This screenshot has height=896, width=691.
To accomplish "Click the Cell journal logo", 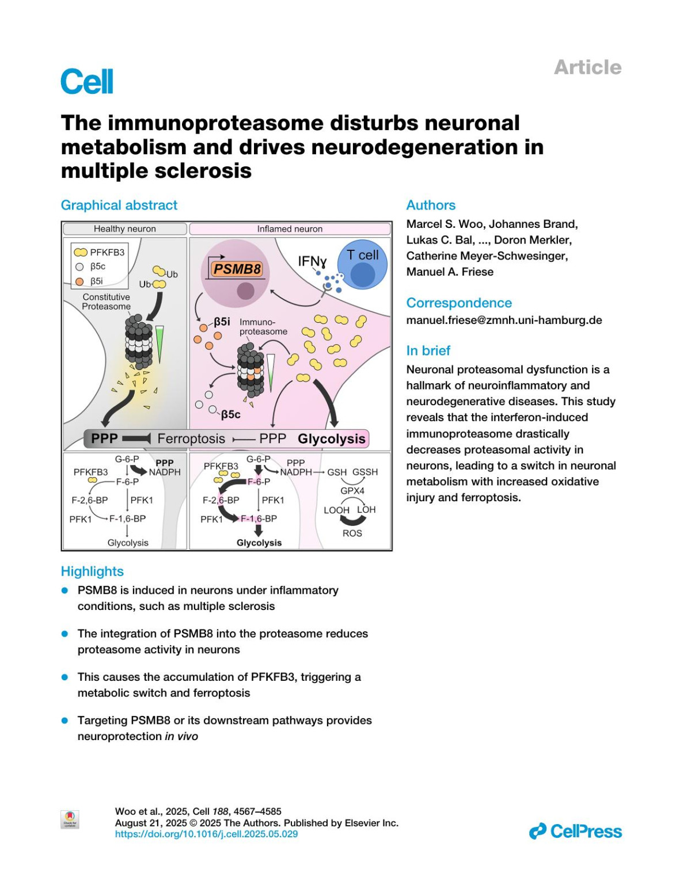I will [87, 81].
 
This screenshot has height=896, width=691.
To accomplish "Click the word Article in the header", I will [587, 67].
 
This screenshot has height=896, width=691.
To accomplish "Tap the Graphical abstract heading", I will [119, 205].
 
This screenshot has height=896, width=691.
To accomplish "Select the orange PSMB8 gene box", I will [237, 269].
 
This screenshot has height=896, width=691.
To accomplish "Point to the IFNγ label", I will [312, 261].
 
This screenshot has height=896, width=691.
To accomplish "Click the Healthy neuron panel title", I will [125, 229].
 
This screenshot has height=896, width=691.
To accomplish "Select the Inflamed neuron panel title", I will [290, 229].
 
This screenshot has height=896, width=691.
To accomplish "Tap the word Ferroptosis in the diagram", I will [191, 439].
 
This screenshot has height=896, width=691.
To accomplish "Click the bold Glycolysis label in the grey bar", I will [332, 439].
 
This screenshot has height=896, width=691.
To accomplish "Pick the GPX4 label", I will [352, 491].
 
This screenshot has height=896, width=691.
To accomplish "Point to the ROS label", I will [352, 533].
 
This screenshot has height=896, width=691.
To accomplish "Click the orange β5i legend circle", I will [80, 281].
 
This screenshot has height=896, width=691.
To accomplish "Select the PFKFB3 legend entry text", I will [107, 252].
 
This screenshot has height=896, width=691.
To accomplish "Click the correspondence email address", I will [504, 321].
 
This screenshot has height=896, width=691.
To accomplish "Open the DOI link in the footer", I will [206, 834].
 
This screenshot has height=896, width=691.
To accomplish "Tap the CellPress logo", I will [575, 832].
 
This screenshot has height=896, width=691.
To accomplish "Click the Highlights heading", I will [92, 571].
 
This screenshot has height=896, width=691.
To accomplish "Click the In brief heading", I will [428, 350].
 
